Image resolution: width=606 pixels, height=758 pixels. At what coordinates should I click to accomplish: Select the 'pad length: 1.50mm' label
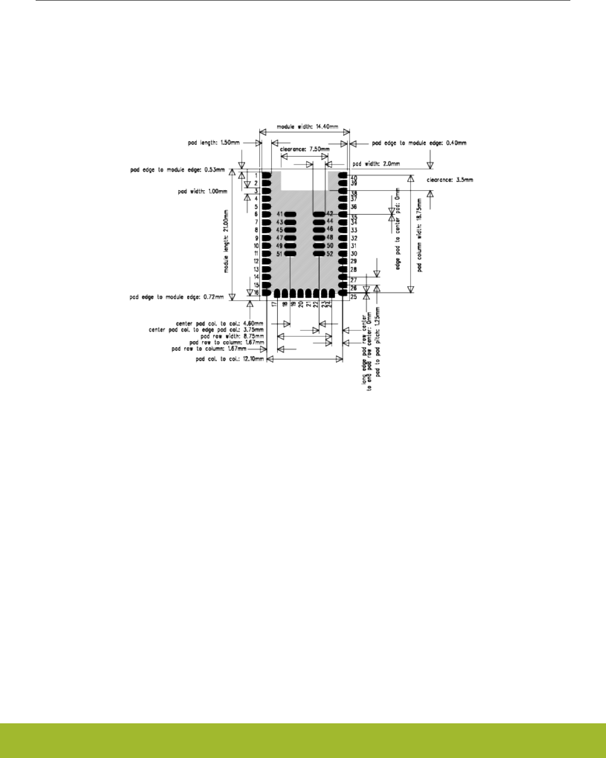click(x=214, y=143)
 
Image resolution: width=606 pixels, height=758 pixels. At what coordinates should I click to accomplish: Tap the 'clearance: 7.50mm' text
click(x=304, y=149)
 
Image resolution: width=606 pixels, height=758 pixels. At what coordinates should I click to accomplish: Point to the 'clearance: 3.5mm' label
click(x=450, y=180)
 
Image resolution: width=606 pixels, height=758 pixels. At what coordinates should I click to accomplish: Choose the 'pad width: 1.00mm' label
click(x=202, y=191)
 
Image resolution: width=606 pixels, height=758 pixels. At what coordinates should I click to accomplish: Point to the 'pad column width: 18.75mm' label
click(x=420, y=235)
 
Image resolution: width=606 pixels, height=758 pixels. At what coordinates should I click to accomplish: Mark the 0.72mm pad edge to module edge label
click(x=177, y=297)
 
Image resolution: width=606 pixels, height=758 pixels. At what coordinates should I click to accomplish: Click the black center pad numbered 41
click(x=290, y=214)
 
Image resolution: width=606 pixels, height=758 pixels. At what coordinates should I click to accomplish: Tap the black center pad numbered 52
click(x=318, y=254)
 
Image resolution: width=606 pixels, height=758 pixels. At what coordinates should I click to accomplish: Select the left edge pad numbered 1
click(x=266, y=175)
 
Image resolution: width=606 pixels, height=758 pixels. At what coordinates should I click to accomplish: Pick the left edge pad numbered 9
click(x=266, y=238)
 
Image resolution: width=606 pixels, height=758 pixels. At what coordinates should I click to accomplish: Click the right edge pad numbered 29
click(x=342, y=261)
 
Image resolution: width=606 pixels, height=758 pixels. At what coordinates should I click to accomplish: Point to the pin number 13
click(x=256, y=269)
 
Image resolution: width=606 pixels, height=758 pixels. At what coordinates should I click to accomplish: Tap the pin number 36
click(x=354, y=207)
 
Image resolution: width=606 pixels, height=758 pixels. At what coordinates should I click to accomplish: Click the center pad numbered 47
click(x=290, y=238)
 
